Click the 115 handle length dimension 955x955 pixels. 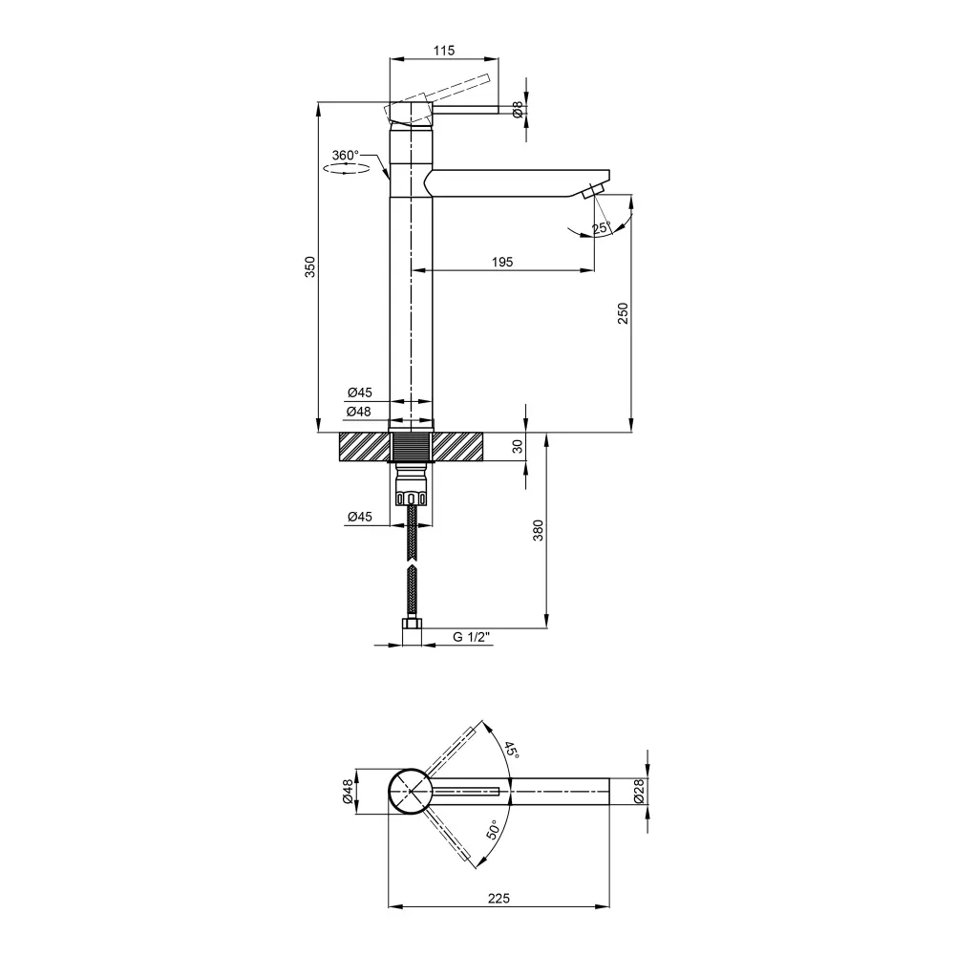click(x=444, y=51)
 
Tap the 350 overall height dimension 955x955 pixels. click(x=310, y=266)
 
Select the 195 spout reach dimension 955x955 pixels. click(x=502, y=262)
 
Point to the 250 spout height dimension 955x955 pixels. click(x=623, y=313)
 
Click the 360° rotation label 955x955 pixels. click(x=346, y=156)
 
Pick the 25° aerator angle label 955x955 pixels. click(x=601, y=228)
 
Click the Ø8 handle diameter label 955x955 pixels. click(x=518, y=110)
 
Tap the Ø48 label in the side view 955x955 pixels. click(x=359, y=412)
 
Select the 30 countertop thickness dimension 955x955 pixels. click(x=518, y=447)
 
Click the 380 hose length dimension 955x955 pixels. click(x=538, y=530)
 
